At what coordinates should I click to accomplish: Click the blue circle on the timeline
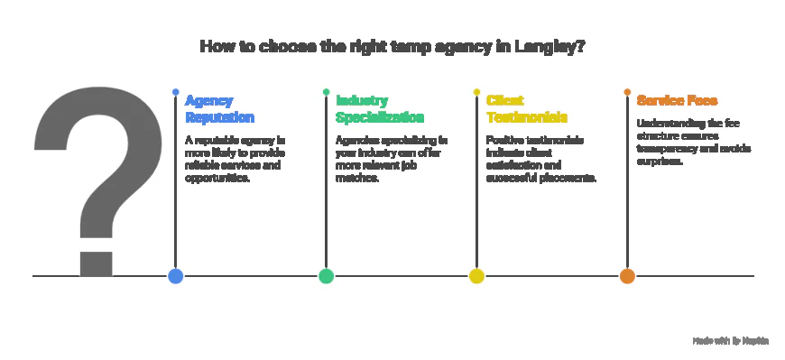(x=175, y=276)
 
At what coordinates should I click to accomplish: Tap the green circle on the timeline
(x=326, y=276)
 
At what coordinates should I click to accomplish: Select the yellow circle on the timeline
(x=476, y=276)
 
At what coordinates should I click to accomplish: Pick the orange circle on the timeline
(x=627, y=276)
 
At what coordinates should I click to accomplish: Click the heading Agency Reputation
(x=219, y=108)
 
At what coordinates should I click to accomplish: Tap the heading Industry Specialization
(x=380, y=108)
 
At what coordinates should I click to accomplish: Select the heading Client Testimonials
(x=527, y=108)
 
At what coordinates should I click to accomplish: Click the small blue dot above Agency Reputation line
(x=175, y=92)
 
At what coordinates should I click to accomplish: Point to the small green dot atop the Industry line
(x=326, y=92)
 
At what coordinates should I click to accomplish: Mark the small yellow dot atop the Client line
(x=476, y=92)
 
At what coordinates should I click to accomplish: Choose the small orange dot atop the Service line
(x=627, y=92)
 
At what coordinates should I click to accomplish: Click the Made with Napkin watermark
(x=730, y=340)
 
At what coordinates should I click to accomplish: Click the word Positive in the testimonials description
(x=506, y=141)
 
